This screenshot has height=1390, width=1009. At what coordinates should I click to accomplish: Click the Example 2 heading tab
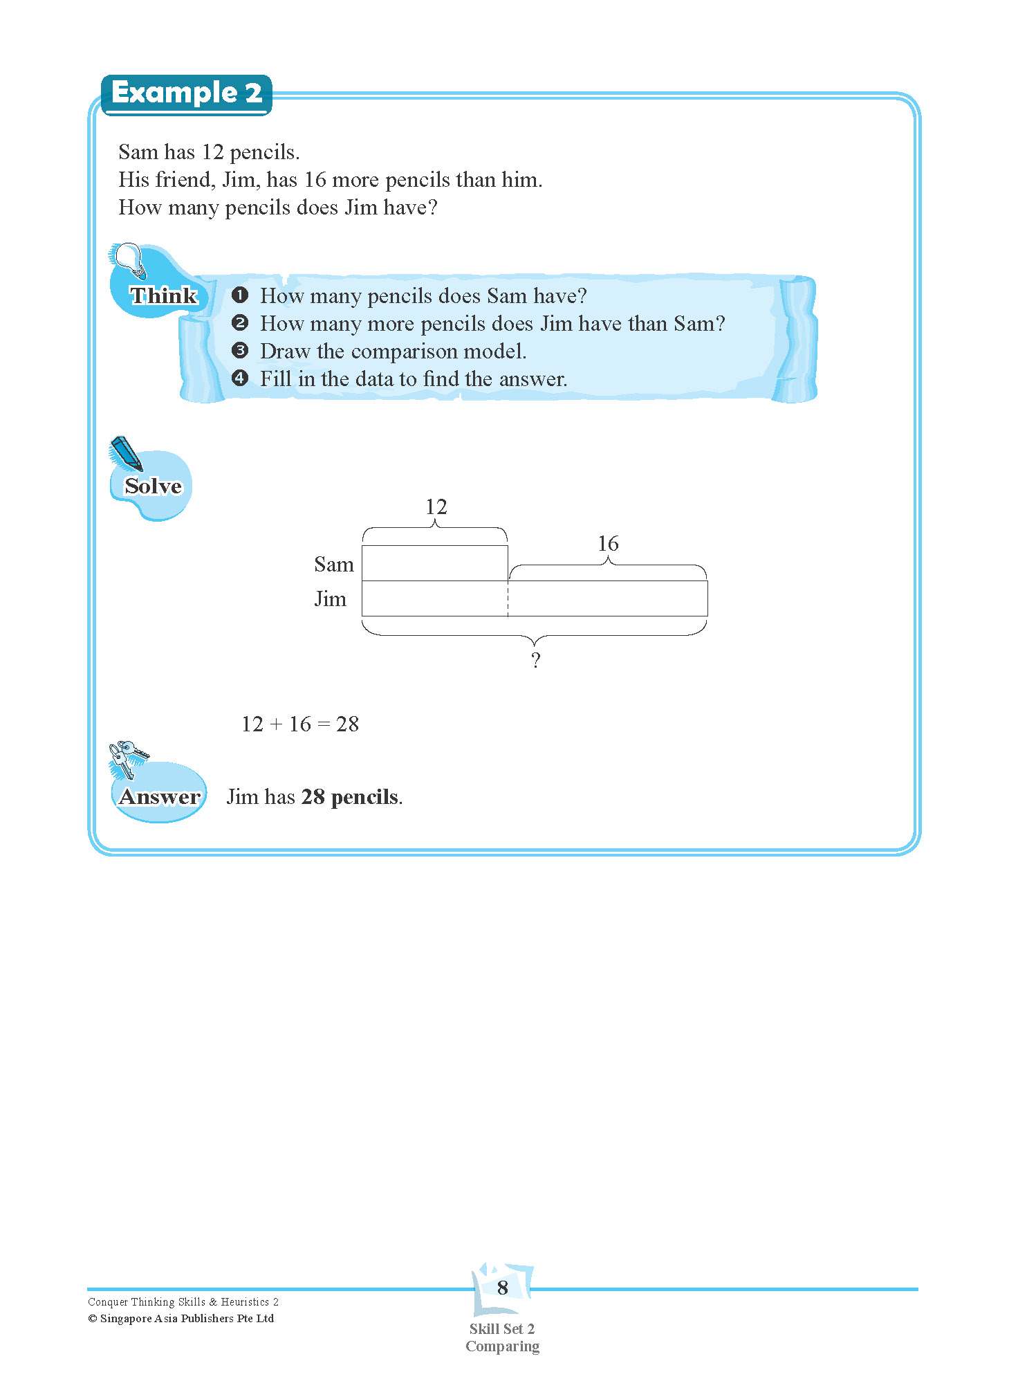tap(186, 93)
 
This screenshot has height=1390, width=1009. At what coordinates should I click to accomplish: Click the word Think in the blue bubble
tap(164, 295)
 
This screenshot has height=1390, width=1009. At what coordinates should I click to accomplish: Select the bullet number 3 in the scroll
tap(240, 351)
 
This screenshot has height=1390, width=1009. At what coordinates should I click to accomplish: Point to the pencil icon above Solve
tap(125, 453)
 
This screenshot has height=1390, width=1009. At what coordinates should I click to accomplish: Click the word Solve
tap(153, 486)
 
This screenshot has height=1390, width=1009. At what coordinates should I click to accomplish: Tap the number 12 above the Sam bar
tap(436, 507)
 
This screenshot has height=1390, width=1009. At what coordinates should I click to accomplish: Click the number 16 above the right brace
tap(608, 544)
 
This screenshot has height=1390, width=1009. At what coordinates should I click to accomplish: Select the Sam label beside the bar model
tap(333, 565)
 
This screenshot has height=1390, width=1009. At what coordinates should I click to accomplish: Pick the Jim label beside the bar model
tap(330, 598)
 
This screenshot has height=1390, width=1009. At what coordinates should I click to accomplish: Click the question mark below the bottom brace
tap(535, 661)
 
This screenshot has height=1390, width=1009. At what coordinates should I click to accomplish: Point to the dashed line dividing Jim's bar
tap(508, 598)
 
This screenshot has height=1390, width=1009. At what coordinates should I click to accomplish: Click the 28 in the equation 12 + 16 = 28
tap(347, 724)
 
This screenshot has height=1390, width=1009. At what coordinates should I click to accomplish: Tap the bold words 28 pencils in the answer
tap(350, 797)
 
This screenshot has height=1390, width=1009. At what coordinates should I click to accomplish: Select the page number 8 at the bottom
tap(503, 1288)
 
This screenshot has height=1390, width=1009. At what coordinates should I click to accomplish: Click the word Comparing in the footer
tap(502, 1346)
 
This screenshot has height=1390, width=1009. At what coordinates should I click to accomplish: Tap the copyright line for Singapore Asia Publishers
tap(181, 1319)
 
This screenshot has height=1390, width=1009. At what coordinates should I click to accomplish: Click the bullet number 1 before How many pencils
tap(240, 296)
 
